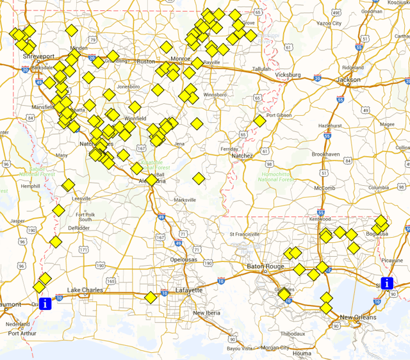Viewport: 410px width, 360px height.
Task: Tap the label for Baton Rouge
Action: [x=265, y=266]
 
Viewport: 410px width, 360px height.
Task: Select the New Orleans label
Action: [x=356, y=318]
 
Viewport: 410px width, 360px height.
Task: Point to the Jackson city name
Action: [x=348, y=80]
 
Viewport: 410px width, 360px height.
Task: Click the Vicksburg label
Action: [x=288, y=75]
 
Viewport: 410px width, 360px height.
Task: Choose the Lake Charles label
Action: [x=85, y=290]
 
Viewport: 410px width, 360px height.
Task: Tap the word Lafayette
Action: [x=189, y=290]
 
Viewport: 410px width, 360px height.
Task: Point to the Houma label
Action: [x=302, y=353]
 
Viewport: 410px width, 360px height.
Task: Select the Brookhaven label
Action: [x=325, y=154]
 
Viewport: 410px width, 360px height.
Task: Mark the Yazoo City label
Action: [x=329, y=23]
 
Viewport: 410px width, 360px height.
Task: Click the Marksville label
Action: [x=184, y=200]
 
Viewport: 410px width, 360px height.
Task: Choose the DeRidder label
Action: [x=79, y=227]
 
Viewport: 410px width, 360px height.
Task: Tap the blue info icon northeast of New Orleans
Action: [x=387, y=283]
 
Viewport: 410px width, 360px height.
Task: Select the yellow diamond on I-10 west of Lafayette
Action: [x=151, y=298]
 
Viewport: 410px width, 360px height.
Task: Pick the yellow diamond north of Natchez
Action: [x=259, y=120]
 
